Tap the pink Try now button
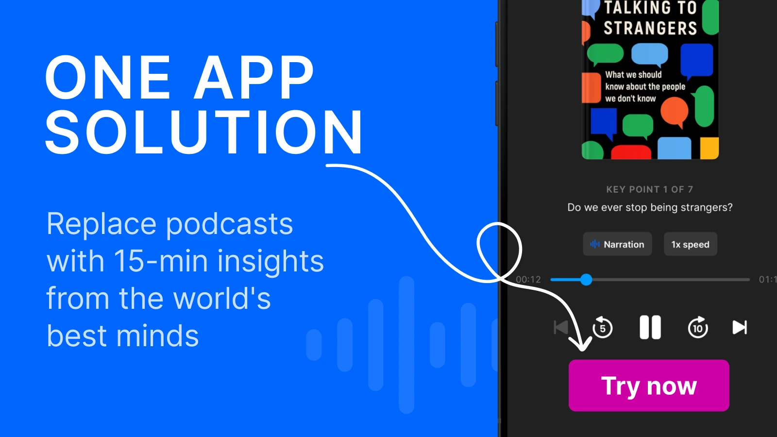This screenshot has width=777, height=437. pos(649,386)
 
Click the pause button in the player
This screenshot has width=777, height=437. pos(650,327)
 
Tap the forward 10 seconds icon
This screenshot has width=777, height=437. pos(698,327)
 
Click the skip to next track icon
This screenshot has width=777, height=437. pos(739,327)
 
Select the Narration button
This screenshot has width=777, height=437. pos(617,244)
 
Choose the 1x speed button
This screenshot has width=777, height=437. pos(690,244)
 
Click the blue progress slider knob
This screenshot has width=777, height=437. pos(586,280)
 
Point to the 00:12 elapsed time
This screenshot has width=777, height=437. pos(528,280)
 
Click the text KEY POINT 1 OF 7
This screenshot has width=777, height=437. pos(649,189)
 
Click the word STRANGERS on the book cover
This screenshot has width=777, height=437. pos(650,28)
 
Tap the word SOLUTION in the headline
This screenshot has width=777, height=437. pos(204,132)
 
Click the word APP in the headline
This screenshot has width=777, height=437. pos(254,78)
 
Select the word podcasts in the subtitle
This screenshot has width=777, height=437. pos(229,224)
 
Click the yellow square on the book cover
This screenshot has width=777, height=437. pos(709,148)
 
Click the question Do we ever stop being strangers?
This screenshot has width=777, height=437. pos(650,207)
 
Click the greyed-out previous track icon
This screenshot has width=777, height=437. pos(561,327)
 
